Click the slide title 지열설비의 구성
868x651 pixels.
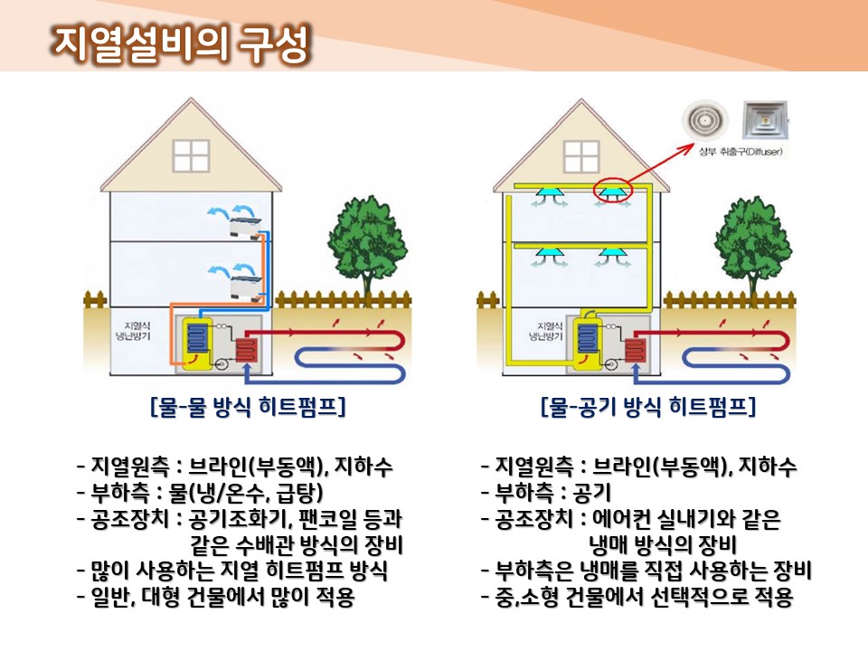(181, 41)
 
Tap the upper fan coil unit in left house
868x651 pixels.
(246, 222)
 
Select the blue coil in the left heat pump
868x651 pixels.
(197, 341)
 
